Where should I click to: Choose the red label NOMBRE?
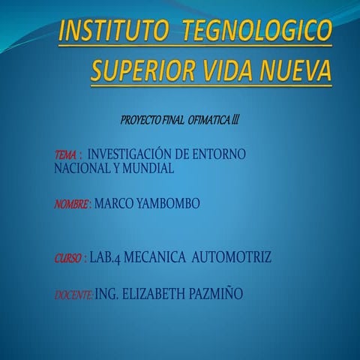pos(72,203)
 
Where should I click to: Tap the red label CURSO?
pos(68,259)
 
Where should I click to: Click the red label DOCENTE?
pos(73,295)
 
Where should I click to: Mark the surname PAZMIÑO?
pos(217,295)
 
